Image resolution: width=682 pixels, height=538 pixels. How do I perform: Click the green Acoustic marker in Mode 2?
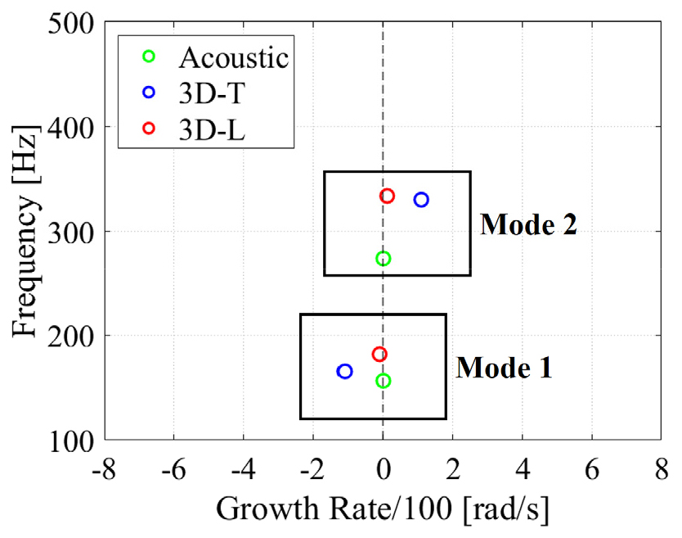click(383, 259)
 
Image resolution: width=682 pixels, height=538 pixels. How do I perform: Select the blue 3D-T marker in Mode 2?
click(421, 200)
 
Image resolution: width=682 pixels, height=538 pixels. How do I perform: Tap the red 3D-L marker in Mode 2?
click(388, 196)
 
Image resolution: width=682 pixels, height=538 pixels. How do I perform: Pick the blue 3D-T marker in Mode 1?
click(344, 372)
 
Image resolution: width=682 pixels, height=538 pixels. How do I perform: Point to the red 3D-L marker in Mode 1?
click(379, 355)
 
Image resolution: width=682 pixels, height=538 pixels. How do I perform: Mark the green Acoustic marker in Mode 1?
click(383, 381)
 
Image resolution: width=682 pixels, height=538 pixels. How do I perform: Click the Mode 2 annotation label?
click(528, 224)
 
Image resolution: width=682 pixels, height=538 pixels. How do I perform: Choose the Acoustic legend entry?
click(233, 57)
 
